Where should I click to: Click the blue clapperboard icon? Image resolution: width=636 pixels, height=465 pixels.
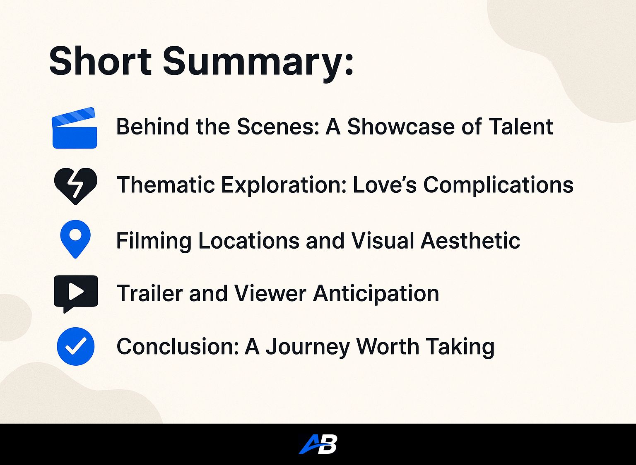(75, 128)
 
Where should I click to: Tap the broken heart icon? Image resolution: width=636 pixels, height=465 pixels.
(75, 186)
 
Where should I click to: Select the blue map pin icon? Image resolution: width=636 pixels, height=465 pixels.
(75, 239)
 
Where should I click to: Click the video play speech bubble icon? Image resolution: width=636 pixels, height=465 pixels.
(76, 294)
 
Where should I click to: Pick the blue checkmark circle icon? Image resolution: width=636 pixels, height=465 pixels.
(75, 346)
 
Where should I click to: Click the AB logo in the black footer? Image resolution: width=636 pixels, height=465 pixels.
(318, 444)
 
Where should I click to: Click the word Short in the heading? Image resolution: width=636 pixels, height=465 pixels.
(100, 61)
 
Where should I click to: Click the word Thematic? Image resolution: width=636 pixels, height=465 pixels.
(166, 185)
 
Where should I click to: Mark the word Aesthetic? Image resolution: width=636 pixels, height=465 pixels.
(470, 241)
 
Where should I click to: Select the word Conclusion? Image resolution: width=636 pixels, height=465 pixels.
(178, 346)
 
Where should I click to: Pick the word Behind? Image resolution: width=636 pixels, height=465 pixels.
(153, 127)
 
